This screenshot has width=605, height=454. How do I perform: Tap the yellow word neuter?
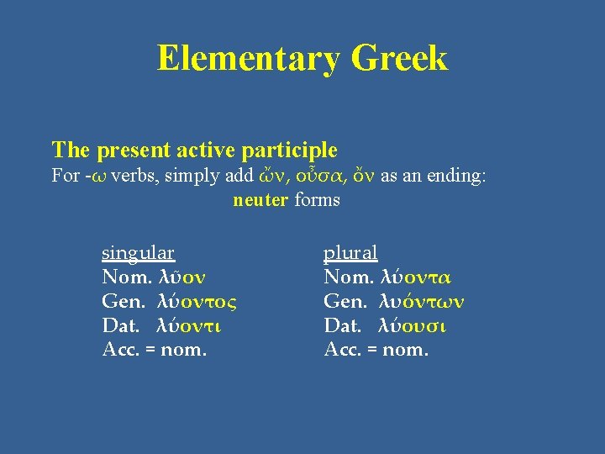[261, 200]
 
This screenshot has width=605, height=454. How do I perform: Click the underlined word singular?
[138, 253]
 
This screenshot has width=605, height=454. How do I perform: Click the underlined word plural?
[350, 253]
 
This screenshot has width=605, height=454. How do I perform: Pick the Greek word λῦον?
[182, 277]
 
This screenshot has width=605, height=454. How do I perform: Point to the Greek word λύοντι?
[190, 325]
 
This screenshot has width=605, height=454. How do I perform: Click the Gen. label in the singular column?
[119, 301]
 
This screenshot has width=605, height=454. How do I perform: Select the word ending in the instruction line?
[457, 176]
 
